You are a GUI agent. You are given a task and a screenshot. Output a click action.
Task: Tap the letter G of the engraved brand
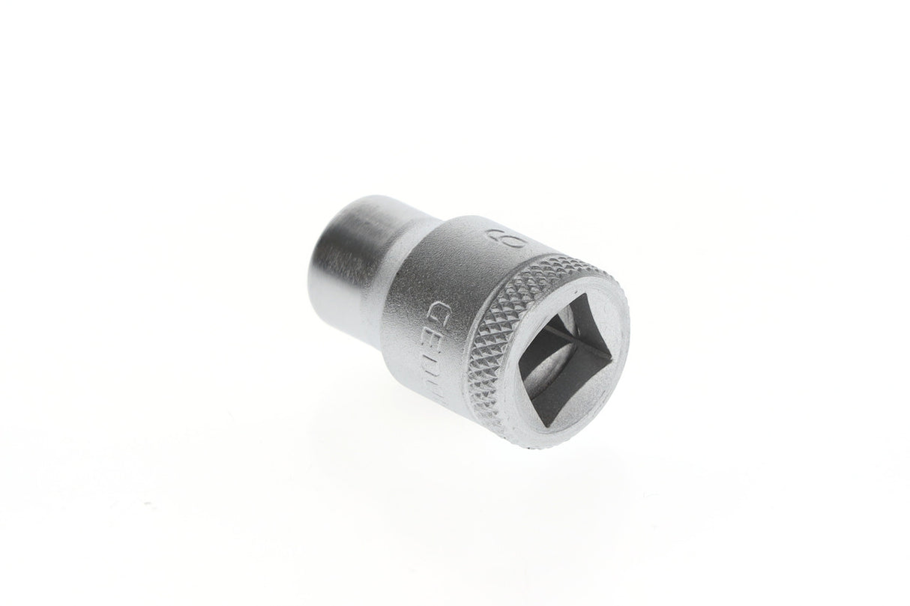[436, 309]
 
